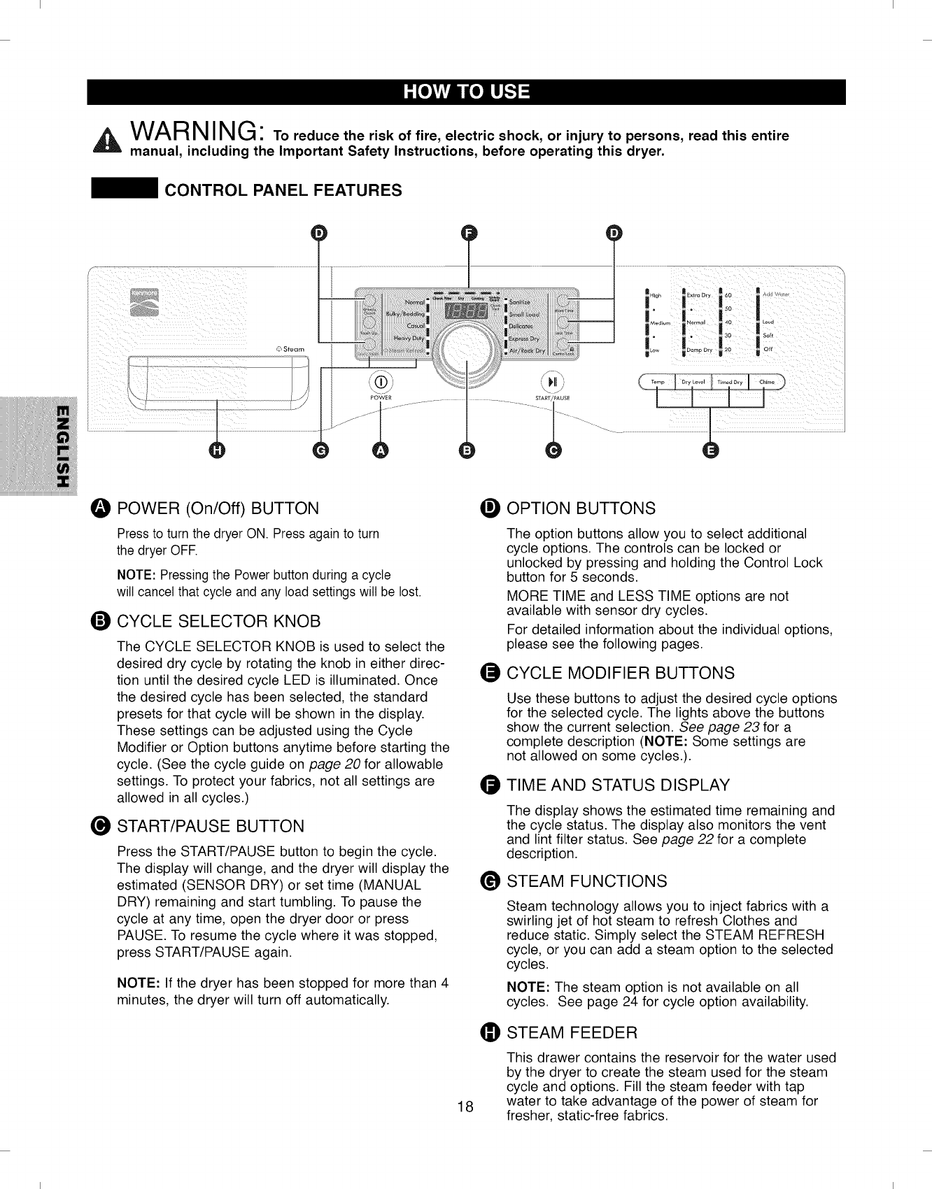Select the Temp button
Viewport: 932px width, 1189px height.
click(658, 382)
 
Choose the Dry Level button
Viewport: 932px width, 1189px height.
click(693, 382)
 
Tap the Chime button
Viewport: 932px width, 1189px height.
click(766, 382)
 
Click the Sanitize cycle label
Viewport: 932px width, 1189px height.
click(520, 302)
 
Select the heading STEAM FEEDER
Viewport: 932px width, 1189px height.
click(572, 1032)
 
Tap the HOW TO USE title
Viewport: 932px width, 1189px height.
click(466, 92)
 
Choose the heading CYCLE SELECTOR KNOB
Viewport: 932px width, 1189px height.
click(218, 621)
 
